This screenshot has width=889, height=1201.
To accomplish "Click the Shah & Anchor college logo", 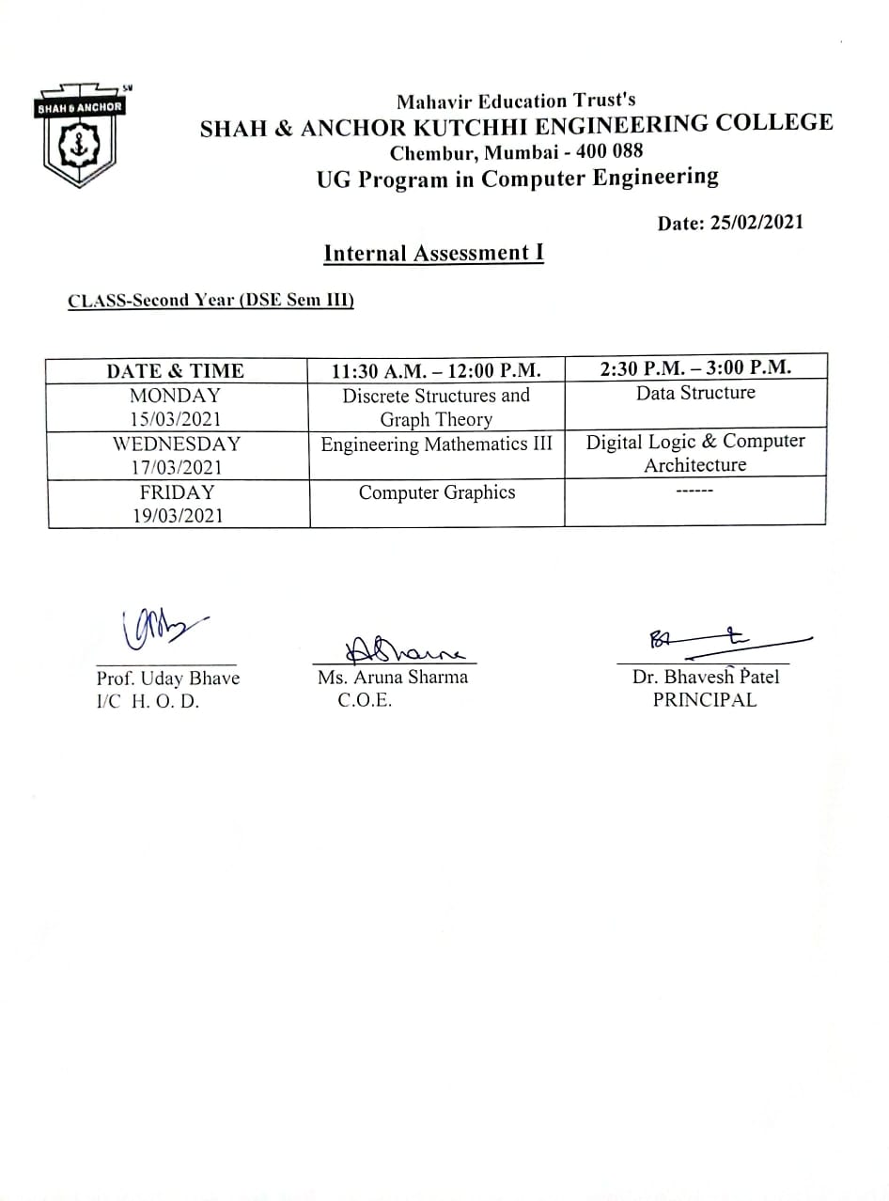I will coord(79,135).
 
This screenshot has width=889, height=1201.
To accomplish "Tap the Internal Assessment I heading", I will coord(433,253).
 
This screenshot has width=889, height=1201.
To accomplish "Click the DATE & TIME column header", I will coord(175,370).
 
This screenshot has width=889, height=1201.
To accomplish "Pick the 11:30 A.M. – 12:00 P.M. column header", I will coord(436,370).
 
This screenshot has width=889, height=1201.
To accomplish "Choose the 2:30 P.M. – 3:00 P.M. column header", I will coord(695,367).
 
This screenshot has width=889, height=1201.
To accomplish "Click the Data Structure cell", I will coord(695,393).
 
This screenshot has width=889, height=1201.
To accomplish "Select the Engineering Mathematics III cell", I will coord(436,445).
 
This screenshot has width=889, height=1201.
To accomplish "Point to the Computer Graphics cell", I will coord(436,492).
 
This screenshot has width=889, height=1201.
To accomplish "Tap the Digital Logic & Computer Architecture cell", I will coord(695,453).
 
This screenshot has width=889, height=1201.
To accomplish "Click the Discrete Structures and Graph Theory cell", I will coord(436,407).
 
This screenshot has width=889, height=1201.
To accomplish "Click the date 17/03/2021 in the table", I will coord(175,467).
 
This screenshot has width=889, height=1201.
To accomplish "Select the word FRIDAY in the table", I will coord(175,491).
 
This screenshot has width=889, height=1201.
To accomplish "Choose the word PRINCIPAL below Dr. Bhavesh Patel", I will coord(704,700).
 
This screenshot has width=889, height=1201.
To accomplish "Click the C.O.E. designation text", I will coord(365,700).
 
